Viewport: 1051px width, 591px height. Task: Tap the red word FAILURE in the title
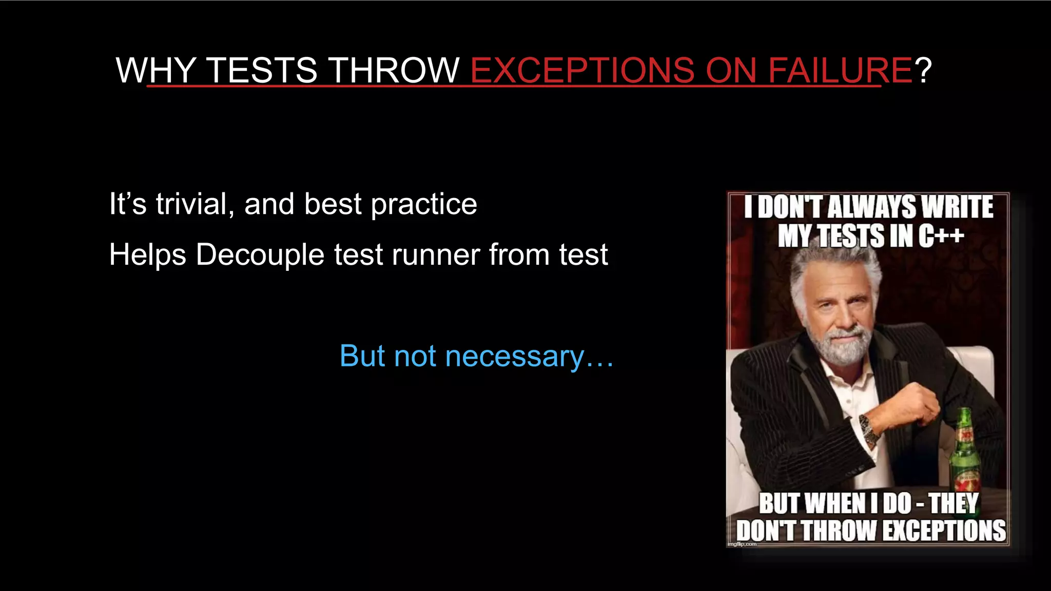click(x=840, y=70)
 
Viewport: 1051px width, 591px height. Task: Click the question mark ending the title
click(x=923, y=70)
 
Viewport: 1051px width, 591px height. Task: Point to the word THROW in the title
click(x=394, y=70)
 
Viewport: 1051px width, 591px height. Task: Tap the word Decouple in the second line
click(x=260, y=255)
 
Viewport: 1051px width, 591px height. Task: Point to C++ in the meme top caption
click(x=941, y=236)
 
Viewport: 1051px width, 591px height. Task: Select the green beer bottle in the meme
click(x=965, y=451)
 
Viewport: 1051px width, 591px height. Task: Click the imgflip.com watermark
click(x=742, y=544)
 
